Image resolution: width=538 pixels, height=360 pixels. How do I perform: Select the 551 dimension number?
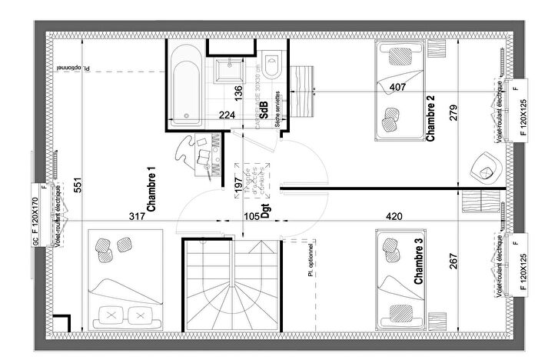pyautogui.click(x=77, y=185)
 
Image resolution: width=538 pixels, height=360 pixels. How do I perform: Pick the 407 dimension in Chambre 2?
pyautogui.click(x=397, y=86)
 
